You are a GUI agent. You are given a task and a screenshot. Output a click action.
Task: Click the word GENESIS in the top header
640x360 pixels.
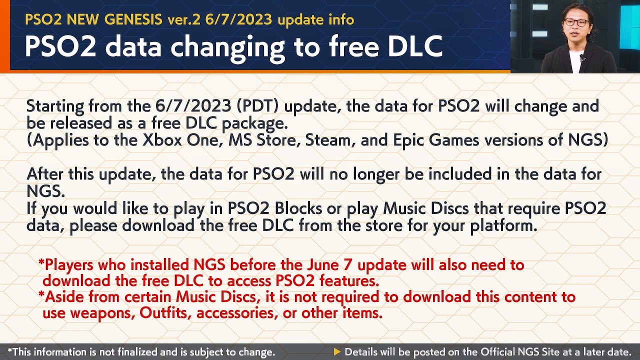133,19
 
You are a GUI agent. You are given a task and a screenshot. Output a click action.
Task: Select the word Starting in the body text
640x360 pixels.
55,106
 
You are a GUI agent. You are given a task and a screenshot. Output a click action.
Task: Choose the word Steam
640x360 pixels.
327,140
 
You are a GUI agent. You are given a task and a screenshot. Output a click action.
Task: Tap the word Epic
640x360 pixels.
408,140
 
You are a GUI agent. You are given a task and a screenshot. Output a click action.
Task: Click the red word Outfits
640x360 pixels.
165,313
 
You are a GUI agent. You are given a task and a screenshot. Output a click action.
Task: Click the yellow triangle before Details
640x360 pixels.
337,352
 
